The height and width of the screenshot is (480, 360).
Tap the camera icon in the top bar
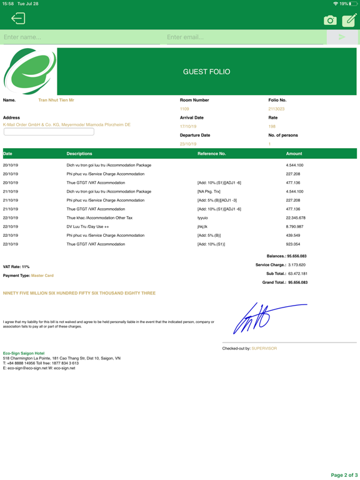(330, 20)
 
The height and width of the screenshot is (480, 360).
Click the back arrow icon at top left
(18, 19)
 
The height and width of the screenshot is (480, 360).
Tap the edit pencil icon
(349, 20)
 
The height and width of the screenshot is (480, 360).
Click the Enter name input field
(81, 37)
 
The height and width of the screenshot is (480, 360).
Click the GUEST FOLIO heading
(206, 72)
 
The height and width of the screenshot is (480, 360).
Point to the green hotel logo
(29, 71)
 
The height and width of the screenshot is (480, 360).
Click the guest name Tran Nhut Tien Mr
(56, 100)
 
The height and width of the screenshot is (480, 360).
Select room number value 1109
(184, 109)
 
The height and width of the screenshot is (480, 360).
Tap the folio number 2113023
(276, 109)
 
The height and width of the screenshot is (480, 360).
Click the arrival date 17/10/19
(188, 126)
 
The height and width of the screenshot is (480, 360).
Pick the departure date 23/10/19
(188, 144)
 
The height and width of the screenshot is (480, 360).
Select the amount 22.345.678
(295, 218)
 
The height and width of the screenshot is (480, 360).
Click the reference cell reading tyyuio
(202, 218)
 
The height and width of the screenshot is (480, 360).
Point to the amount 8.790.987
(295, 227)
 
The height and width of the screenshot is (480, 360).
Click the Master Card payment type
(42, 276)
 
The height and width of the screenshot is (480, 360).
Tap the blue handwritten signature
(262, 317)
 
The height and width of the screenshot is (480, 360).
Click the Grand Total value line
(285, 282)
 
